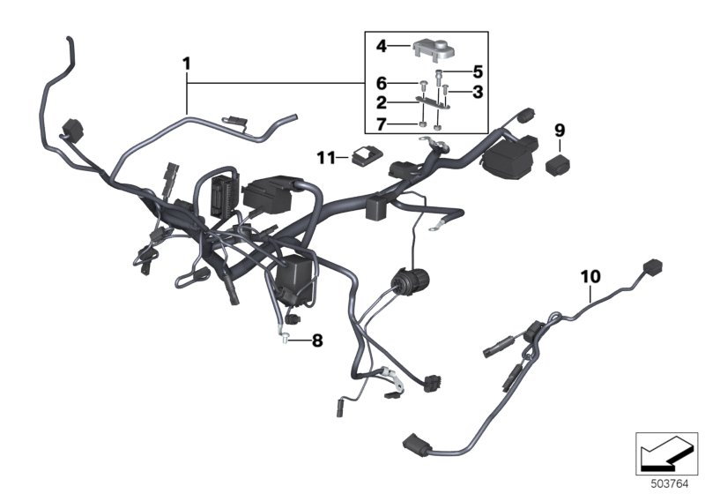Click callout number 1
coord(187,64)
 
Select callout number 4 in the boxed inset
coord(382,46)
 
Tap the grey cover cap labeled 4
coord(434,50)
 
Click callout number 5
coord(478,71)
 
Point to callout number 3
coord(478,92)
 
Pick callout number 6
coord(382,83)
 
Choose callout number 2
coord(382,103)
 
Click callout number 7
coord(382,124)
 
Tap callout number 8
coord(317,341)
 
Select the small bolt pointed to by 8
coord(285,338)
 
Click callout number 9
coord(560,131)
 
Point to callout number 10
coord(590,277)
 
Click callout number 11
coord(326,158)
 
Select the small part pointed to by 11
coord(367,155)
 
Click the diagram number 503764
coord(670,484)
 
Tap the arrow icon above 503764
coord(666,453)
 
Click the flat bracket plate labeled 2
coord(433,103)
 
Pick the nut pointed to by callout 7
coord(422,124)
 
